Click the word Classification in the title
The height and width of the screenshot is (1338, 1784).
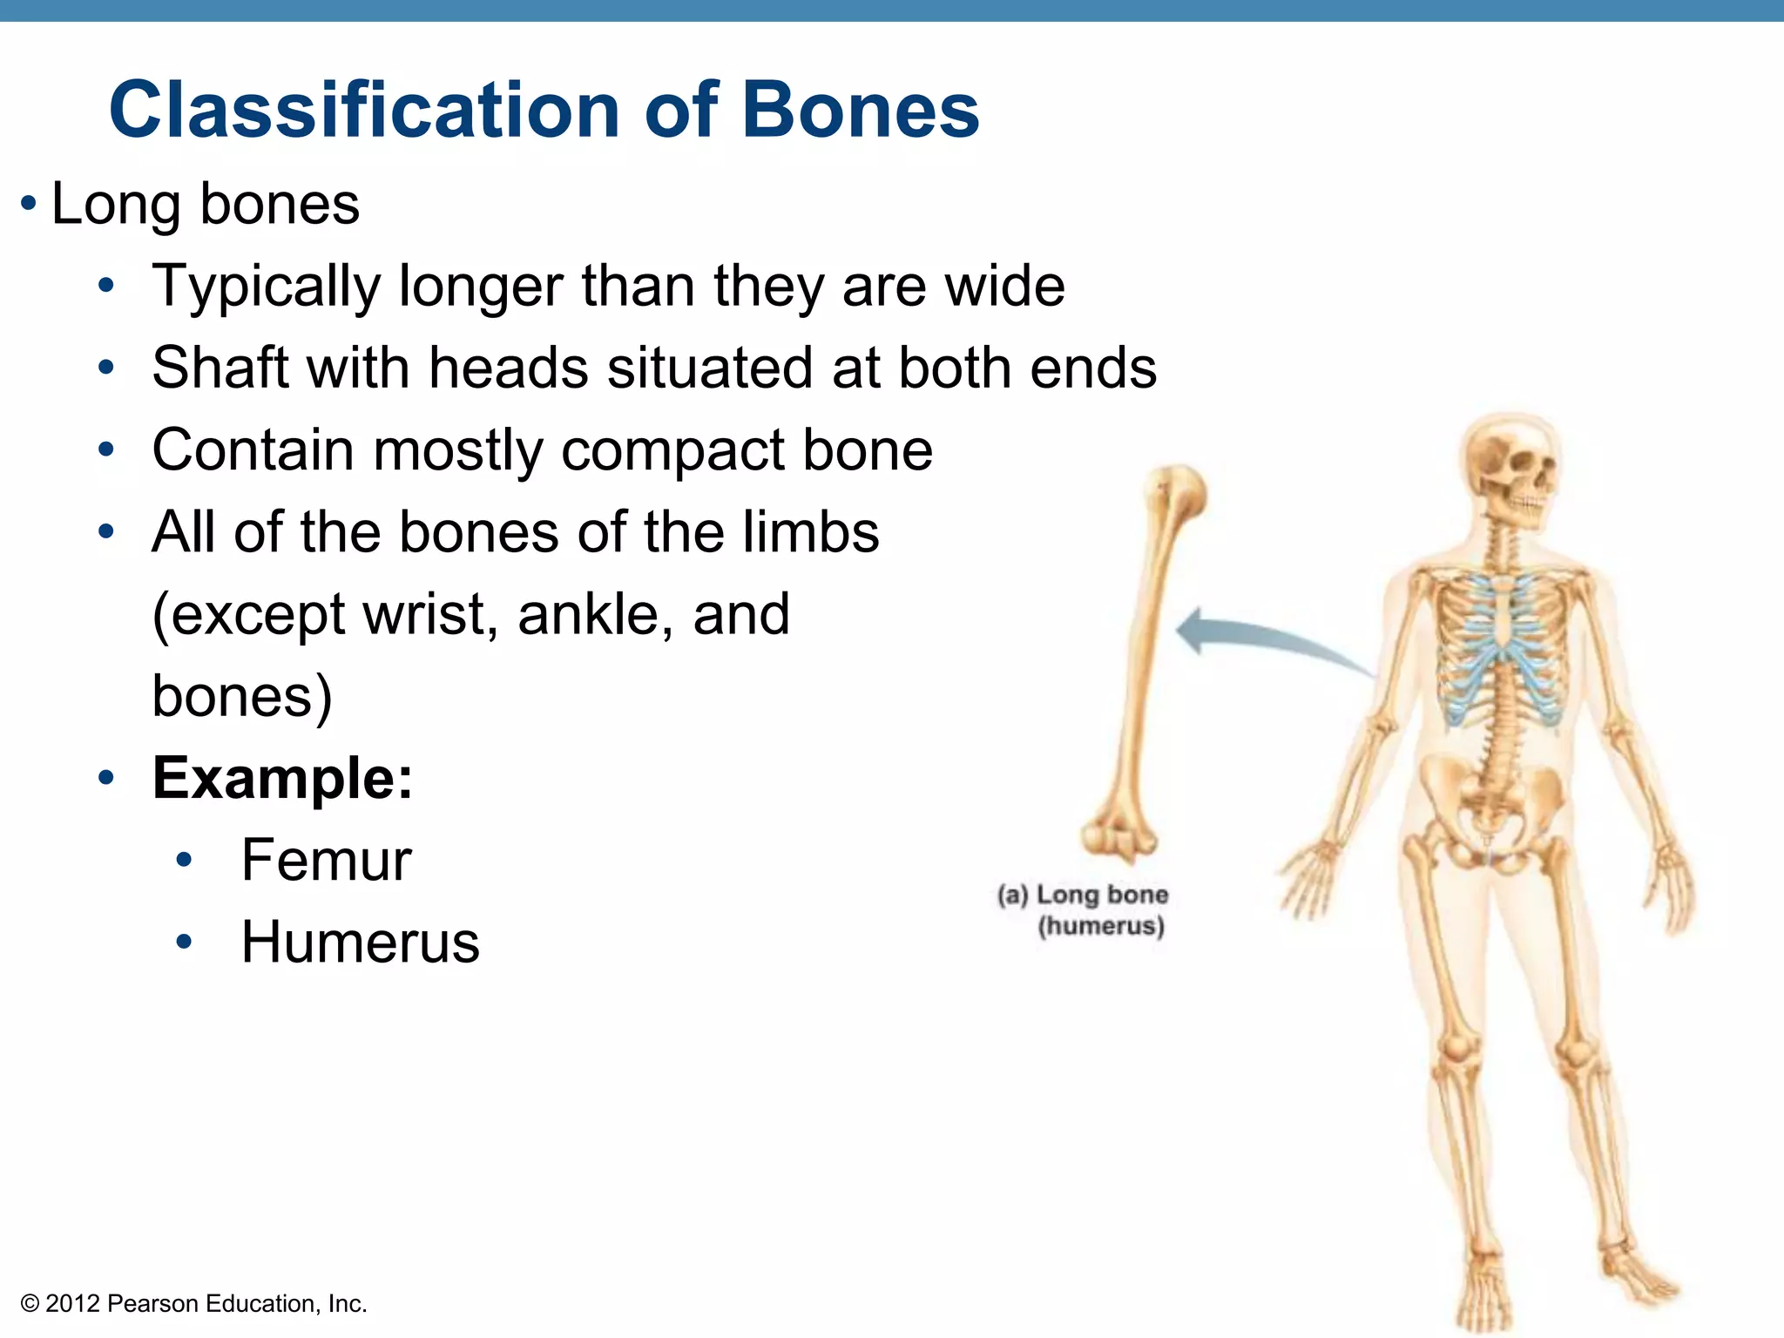[363, 111]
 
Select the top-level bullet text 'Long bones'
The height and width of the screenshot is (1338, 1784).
[205, 205]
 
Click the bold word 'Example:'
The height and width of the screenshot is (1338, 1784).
[282, 778]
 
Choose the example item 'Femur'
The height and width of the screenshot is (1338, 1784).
[326, 861]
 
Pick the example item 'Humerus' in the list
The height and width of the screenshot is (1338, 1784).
[360, 943]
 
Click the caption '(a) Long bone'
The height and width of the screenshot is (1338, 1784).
[1083, 895]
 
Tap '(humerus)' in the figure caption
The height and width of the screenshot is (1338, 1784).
[1100, 926]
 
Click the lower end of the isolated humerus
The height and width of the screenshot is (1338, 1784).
[1119, 836]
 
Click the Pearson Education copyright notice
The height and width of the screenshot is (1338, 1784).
[193, 1304]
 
